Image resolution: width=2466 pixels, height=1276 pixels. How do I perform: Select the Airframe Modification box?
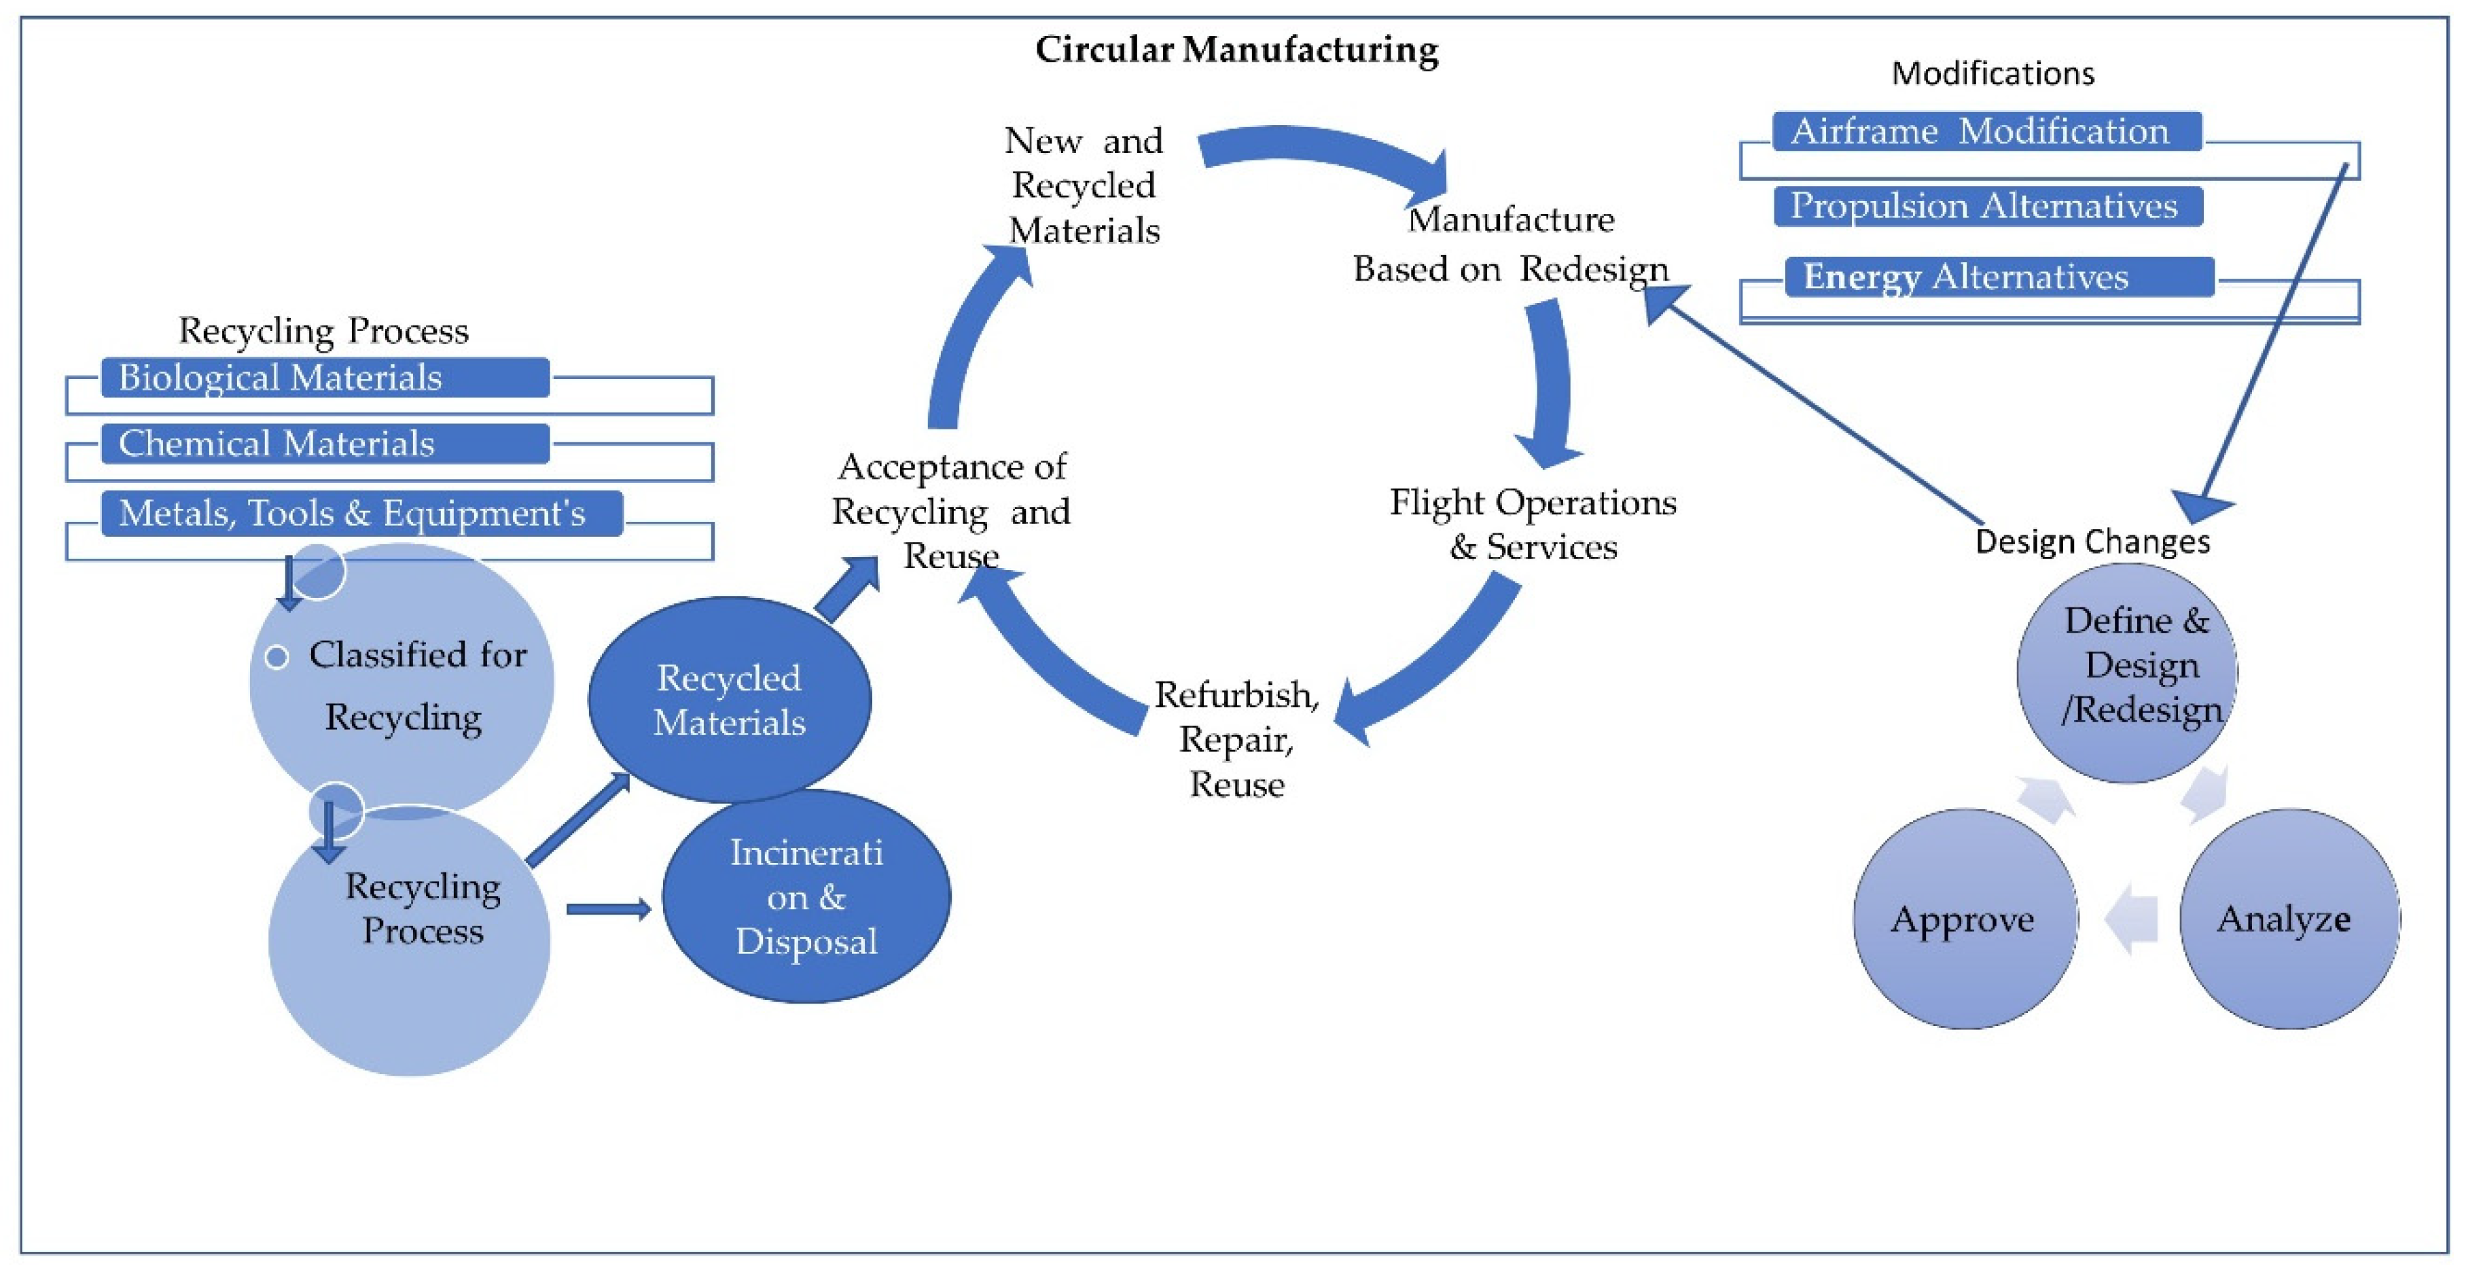pos(1986,132)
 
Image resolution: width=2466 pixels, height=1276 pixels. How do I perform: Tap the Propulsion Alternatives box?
pos(1987,206)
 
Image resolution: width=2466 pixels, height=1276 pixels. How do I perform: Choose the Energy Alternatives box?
pos(1998,278)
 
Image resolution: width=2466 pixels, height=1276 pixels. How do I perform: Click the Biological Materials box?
pos(325,378)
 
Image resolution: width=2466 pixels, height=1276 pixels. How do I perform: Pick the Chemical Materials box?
pos(325,444)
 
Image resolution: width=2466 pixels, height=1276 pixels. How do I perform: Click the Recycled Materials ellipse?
pos(730,700)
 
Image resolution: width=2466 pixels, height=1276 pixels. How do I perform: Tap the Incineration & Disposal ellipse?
pos(806,897)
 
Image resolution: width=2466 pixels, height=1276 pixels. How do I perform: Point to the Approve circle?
pos(1965,919)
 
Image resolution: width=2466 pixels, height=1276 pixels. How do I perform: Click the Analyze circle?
pos(2289,919)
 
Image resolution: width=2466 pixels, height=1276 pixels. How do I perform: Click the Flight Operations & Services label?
pos(1533,525)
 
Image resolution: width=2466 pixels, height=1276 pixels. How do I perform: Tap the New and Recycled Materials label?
pos(1084,185)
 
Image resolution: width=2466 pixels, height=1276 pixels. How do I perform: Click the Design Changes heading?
pos(2092,542)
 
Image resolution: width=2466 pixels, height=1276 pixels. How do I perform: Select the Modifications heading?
pos(1993,73)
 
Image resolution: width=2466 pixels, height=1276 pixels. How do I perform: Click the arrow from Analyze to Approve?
pos(2131,919)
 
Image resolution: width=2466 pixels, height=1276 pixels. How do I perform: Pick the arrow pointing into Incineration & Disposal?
pos(609,908)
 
